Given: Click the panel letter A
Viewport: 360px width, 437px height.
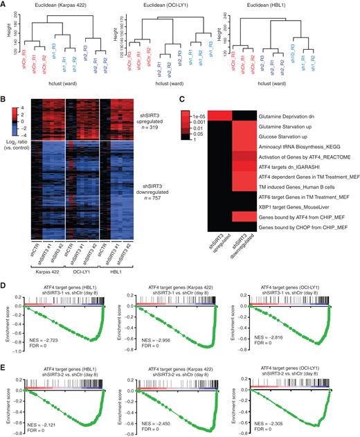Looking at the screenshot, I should (x=5, y=5).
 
